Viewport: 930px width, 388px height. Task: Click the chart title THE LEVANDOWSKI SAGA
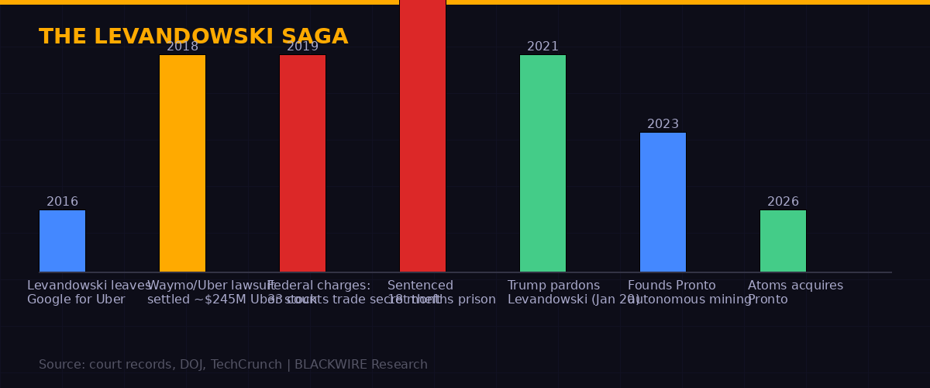[193, 36]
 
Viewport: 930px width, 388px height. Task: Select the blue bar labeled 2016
[62, 241]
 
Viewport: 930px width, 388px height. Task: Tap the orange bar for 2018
[182, 163]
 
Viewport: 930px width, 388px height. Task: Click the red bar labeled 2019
[302, 163]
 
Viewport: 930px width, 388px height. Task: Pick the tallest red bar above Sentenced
[422, 136]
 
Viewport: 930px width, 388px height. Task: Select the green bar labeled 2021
[542, 163]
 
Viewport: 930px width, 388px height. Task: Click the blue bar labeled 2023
[663, 202]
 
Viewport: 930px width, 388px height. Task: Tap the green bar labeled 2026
[783, 241]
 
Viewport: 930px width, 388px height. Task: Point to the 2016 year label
[62, 202]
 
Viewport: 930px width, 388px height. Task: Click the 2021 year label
[542, 47]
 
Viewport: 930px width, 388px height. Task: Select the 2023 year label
[663, 124]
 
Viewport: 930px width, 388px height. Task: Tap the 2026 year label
[783, 202]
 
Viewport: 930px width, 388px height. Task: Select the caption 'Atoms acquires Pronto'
[795, 293]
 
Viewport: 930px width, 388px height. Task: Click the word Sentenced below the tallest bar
[420, 286]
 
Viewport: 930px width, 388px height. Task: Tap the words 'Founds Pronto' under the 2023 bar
[671, 286]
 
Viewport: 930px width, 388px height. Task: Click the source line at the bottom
[232, 365]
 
